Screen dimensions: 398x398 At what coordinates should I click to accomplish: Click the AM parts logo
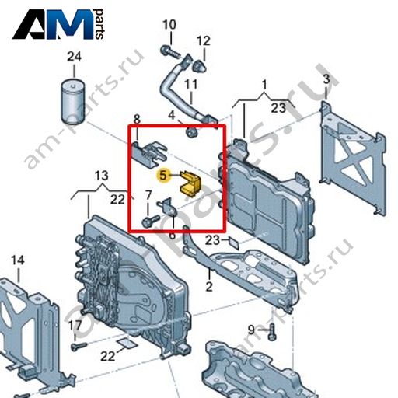(x=59, y=24)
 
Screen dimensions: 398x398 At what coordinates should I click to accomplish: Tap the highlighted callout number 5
(x=163, y=176)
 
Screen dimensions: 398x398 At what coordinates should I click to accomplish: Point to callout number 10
(x=169, y=25)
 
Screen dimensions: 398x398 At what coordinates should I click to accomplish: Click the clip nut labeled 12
(x=200, y=66)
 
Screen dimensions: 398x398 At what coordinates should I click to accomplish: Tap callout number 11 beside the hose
(x=191, y=84)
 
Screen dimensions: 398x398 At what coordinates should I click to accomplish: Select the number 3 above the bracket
(x=326, y=79)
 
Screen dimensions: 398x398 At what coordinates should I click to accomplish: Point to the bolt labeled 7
(x=151, y=221)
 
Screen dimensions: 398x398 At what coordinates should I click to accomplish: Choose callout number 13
(x=102, y=176)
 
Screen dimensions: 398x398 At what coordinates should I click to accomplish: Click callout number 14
(x=18, y=260)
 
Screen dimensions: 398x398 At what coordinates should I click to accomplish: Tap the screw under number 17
(x=79, y=346)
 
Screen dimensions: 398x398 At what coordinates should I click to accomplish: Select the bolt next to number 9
(x=272, y=332)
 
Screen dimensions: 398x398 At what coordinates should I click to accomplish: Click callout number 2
(x=209, y=286)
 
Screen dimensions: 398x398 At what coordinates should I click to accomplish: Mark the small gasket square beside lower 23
(x=234, y=243)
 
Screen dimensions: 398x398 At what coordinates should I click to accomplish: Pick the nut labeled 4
(x=191, y=133)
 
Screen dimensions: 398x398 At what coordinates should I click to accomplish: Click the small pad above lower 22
(x=127, y=343)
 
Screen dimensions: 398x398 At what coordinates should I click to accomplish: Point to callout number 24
(x=74, y=57)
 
